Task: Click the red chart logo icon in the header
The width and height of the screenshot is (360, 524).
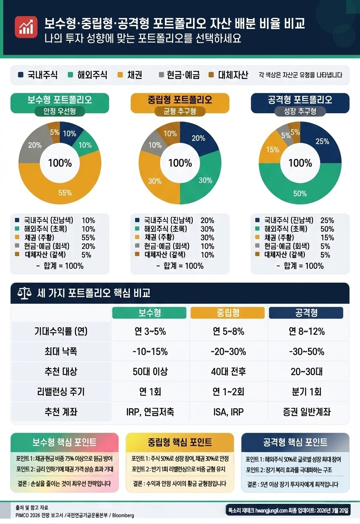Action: click(25, 27)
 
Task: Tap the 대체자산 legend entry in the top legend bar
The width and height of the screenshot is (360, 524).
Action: click(228, 76)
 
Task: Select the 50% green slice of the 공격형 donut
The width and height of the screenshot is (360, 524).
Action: click(300, 191)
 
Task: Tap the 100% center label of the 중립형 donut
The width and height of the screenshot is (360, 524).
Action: click(180, 163)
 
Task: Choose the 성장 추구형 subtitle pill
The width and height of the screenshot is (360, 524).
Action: click(300, 111)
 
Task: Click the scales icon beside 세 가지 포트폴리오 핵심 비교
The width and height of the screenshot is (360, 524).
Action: click(25, 293)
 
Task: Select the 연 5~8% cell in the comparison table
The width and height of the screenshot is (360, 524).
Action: click(228, 331)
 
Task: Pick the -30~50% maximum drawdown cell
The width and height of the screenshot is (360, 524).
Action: click(306, 352)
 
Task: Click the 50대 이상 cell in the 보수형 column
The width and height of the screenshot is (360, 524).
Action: click(150, 372)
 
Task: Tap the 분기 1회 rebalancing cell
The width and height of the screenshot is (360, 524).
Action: click(306, 392)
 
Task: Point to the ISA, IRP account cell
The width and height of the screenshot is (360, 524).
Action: click(228, 412)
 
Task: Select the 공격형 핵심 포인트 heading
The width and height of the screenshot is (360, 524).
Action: click(295, 443)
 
